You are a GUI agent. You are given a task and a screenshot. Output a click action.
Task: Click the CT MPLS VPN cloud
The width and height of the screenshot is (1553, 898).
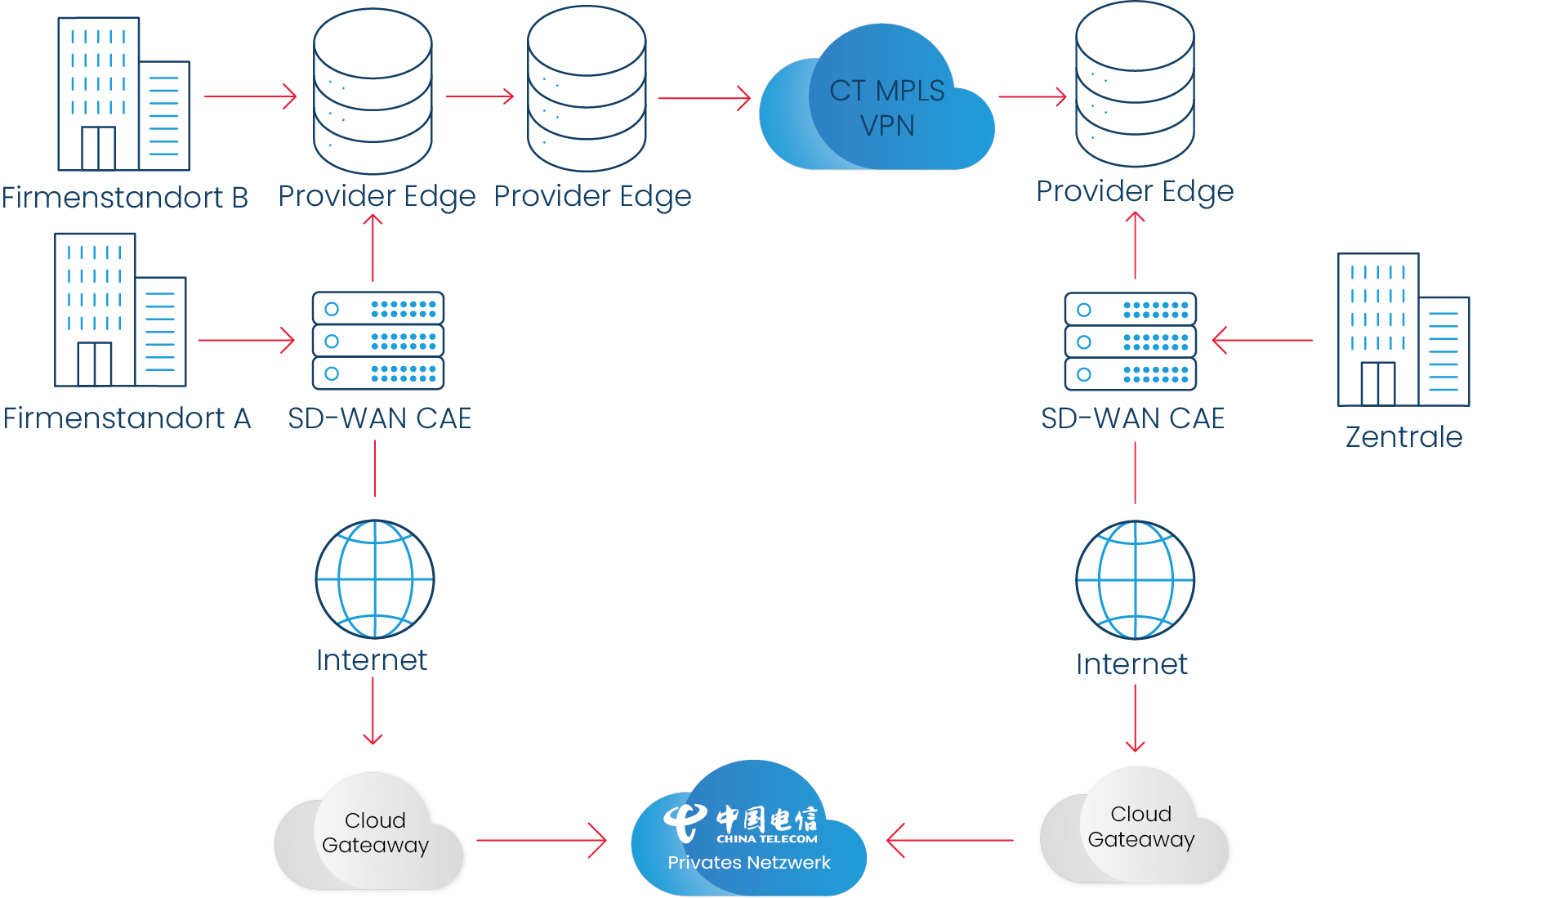[x=878, y=106]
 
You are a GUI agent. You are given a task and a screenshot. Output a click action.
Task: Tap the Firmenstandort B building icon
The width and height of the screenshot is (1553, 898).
[x=123, y=94]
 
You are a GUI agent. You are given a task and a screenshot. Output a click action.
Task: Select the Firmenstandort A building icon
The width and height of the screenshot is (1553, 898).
[x=119, y=311]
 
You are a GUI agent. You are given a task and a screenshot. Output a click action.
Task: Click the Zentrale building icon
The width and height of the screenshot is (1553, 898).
[x=1403, y=331]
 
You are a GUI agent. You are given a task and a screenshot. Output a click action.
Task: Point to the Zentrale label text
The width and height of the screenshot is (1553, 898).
[x=1404, y=437]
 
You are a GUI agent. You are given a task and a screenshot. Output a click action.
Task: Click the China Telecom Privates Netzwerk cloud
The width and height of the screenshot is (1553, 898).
[x=748, y=833]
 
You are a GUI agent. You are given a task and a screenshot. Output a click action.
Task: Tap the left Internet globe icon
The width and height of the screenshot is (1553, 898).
[x=375, y=579]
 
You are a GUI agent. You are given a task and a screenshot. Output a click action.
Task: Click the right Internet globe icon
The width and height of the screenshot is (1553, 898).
[x=1135, y=580]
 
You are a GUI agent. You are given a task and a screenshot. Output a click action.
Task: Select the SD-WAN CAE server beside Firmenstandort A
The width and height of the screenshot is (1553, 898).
[x=378, y=341]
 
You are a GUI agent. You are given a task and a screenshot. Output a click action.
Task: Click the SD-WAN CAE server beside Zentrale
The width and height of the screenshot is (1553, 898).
[x=1131, y=342]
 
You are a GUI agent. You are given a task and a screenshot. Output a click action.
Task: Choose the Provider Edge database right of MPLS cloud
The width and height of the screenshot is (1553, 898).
[x=1135, y=86]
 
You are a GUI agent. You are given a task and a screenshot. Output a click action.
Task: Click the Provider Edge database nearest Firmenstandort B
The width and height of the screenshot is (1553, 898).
[x=373, y=92]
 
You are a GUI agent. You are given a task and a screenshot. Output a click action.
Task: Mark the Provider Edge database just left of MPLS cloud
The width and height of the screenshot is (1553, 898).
[x=587, y=90]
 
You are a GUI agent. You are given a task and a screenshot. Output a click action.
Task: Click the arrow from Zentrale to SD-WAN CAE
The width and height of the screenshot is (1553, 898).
[x=1262, y=340]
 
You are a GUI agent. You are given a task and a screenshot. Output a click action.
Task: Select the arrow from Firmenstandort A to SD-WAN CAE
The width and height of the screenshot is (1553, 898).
[x=245, y=340]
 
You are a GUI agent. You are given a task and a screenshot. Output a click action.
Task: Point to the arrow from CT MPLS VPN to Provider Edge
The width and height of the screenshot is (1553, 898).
[x=1033, y=96]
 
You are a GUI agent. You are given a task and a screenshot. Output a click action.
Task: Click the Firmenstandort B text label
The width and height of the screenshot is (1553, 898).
[x=125, y=198]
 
